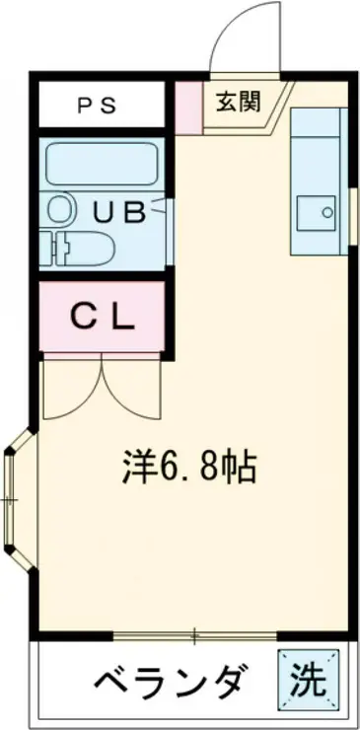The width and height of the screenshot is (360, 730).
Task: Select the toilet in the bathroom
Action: (77, 246)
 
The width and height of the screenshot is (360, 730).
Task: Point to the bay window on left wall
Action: (16, 499)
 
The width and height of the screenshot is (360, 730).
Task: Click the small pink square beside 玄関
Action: (187, 99)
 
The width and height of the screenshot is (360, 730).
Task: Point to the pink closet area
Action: (101, 318)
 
